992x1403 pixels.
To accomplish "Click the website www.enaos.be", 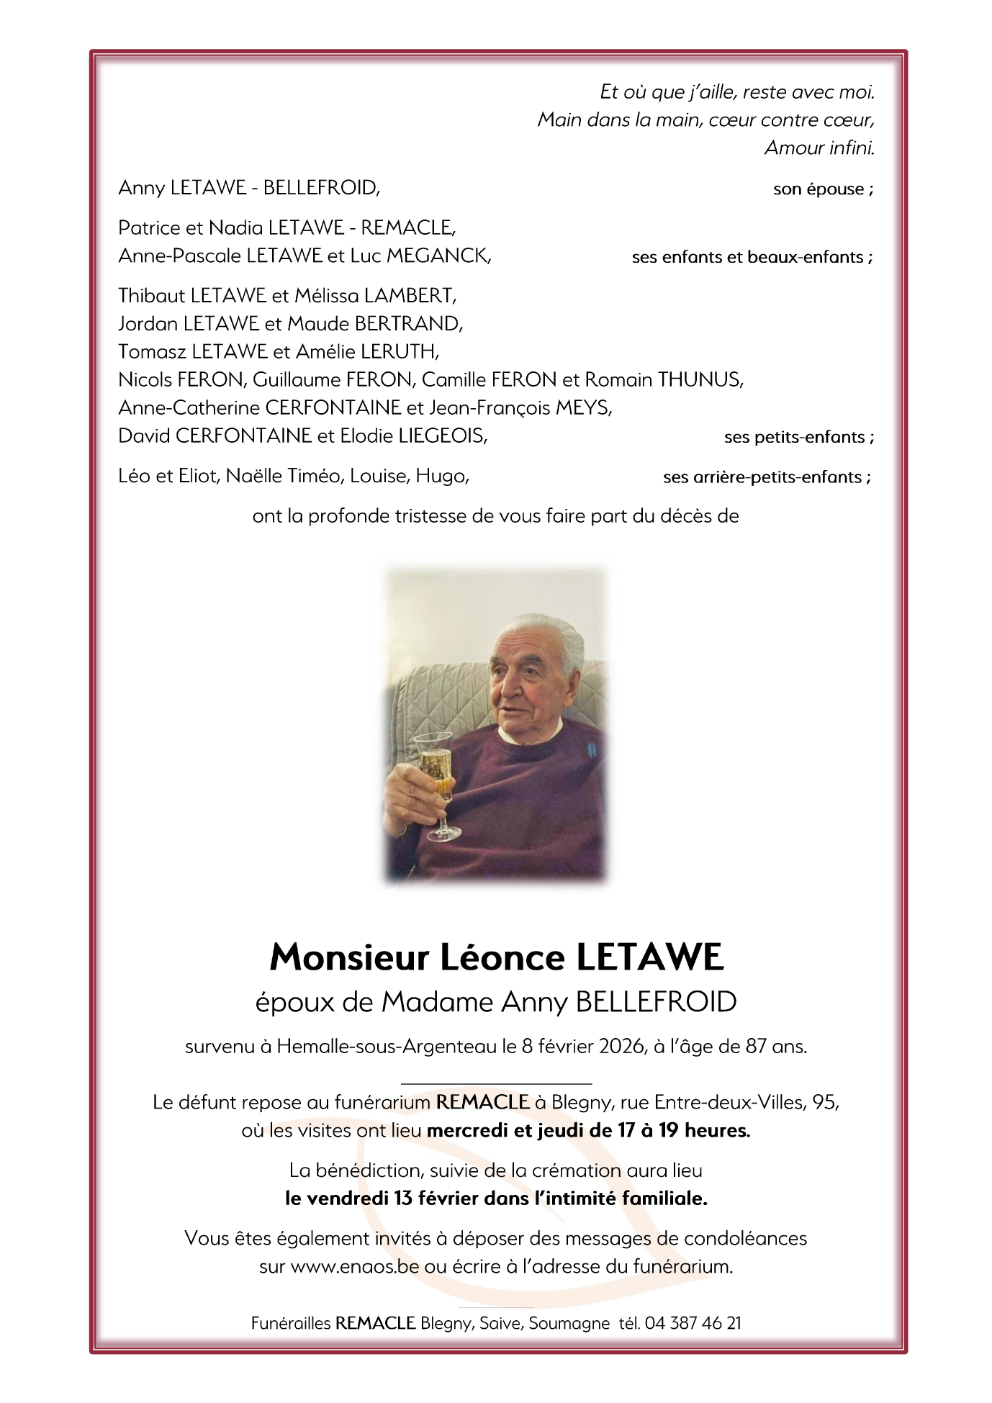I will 354,1266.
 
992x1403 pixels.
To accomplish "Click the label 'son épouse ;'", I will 823,189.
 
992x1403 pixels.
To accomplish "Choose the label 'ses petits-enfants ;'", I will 799,437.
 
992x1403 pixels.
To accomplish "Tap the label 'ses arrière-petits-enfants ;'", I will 766,477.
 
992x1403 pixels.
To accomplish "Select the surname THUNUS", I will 700,379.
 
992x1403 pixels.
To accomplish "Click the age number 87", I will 756,1046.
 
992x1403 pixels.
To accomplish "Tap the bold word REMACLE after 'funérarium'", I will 482,1102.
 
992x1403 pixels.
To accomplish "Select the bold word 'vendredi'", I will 348,1199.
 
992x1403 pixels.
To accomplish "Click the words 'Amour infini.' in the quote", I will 819,148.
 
